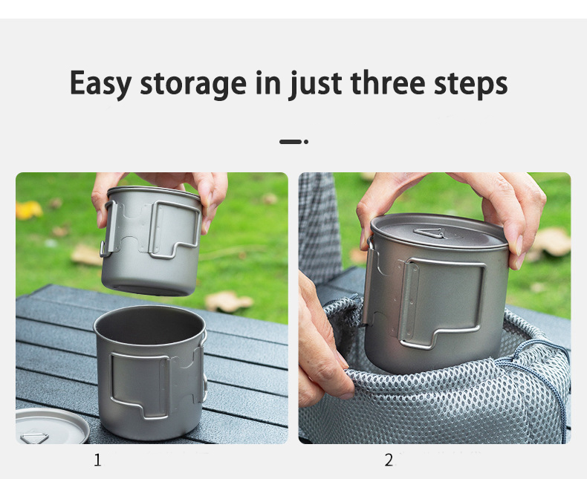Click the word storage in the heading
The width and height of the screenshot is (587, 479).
[x=193, y=85]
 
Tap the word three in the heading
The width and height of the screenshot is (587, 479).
[x=388, y=82]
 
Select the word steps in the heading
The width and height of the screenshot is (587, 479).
[x=471, y=85]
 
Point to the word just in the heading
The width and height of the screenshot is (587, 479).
[x=315, y=85]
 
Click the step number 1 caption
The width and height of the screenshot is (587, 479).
[x=97, y=460]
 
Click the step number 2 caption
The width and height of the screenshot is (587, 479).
[x=389, y=460]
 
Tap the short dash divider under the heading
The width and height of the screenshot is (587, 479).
[x=290, y=142]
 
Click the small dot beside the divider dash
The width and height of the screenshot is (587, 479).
[x=306, y=142]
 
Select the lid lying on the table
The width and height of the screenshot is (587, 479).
[x=52, y=425]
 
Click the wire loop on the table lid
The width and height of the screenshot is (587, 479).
[x=34, y=438]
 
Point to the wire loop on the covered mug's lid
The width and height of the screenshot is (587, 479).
[x=429, y=233]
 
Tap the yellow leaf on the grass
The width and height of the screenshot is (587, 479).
[x=28, y=209]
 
